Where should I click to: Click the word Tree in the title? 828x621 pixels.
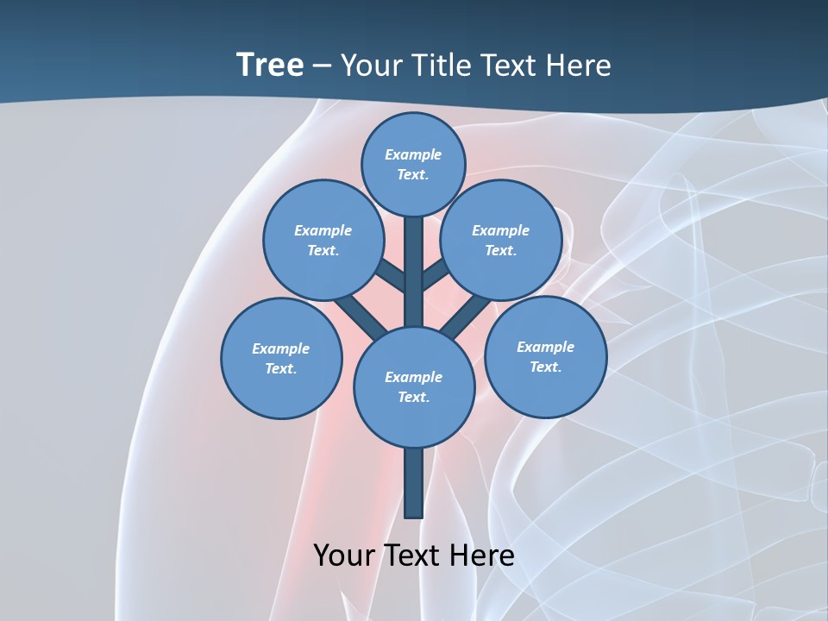click(270, 65)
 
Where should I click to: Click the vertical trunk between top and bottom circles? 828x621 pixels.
click(414, 272)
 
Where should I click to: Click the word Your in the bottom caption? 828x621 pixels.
click(344, 555)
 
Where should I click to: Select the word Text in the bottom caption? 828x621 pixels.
click(413, 555)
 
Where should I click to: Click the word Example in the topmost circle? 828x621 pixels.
click(413, 154)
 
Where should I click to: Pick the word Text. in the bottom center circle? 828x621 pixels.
click(413, 398)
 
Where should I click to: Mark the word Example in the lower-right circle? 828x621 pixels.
click(545, 347)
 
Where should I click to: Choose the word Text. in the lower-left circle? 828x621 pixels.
click(281, 369)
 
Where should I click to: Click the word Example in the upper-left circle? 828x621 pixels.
click(323, 230)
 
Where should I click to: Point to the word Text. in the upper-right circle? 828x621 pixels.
click(501, 251)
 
